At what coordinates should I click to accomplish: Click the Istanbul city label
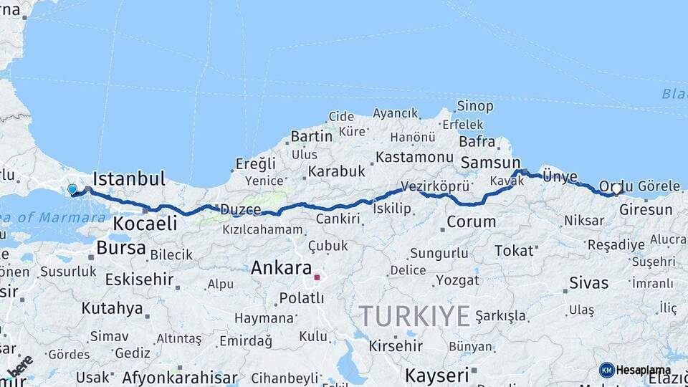click(129, 178)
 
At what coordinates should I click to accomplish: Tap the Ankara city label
click(281, 269)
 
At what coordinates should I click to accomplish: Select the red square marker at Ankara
click(317, 277)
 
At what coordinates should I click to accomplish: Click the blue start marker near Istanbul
click(72, 190)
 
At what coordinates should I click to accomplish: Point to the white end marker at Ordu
click(616, 189)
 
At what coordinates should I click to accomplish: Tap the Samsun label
click(491, 163)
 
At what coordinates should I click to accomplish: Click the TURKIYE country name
click(414, 315)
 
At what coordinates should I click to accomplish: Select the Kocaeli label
click(144, 224)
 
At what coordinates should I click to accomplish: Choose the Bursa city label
click(120, 249)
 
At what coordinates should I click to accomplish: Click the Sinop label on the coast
click(475, 106)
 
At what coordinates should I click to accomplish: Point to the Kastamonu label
click(414, 156)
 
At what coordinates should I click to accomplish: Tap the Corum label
click(471, 222)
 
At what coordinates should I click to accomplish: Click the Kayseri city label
click(436, 374)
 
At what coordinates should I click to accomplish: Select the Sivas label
click(588, 282)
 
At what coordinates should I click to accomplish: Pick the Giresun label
click(646, 210)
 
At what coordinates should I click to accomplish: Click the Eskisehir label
click(139, 279)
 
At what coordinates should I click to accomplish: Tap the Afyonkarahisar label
click(180, 377)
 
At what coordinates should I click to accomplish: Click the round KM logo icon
click(607, 370)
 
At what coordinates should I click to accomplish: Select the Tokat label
click(515, 250)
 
